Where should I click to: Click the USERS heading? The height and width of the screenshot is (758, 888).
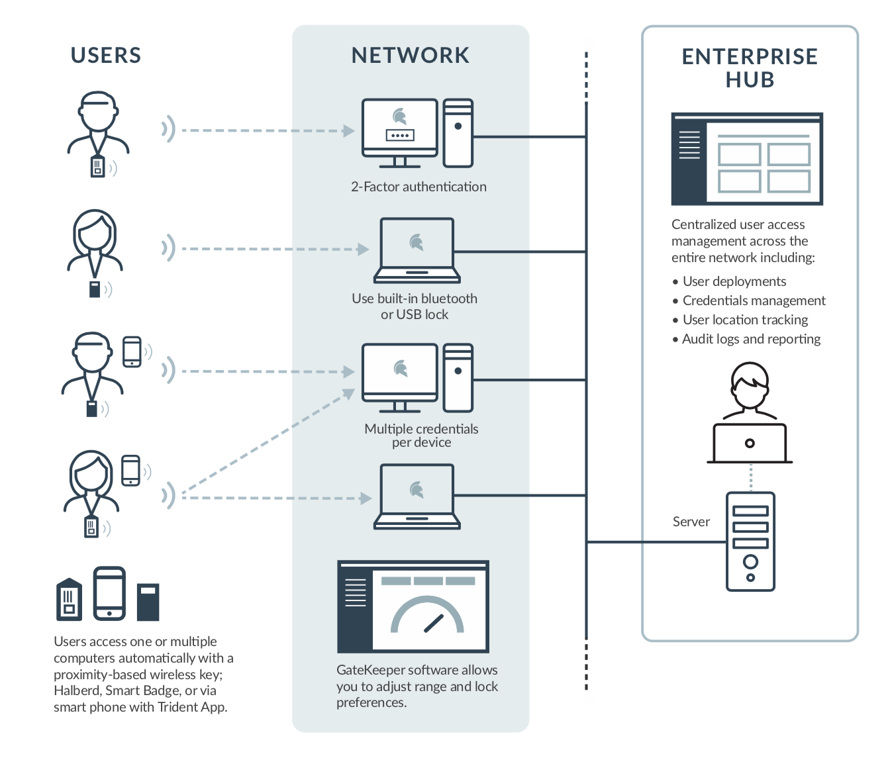coord(106,56)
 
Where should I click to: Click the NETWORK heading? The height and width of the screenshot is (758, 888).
coord(411,56)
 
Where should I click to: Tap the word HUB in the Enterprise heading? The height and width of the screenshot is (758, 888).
coord(750,80)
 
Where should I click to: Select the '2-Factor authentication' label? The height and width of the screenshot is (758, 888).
coord(419,187)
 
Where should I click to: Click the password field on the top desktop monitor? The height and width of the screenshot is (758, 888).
coord(400,135)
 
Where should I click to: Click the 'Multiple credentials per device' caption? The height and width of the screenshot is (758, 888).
coord(421,436)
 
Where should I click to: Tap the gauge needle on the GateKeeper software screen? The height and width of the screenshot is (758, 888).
coord(433,623)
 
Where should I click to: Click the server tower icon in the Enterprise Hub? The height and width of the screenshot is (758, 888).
coord(750,542)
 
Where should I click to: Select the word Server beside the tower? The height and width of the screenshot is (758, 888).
coord(691,522)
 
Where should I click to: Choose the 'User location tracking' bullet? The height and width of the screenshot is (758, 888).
coord(745,320)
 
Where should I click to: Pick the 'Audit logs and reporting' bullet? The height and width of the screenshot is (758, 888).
coord(751,339)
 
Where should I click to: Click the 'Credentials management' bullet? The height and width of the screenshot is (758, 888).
coord(754,301)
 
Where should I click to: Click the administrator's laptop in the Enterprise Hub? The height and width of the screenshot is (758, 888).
coord(750,443)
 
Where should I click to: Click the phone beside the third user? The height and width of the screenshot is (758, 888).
coord(132,352)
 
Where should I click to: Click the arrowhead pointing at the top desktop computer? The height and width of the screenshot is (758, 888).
coord(349,130)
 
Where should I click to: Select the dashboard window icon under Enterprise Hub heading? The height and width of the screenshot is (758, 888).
coord(747,159)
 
